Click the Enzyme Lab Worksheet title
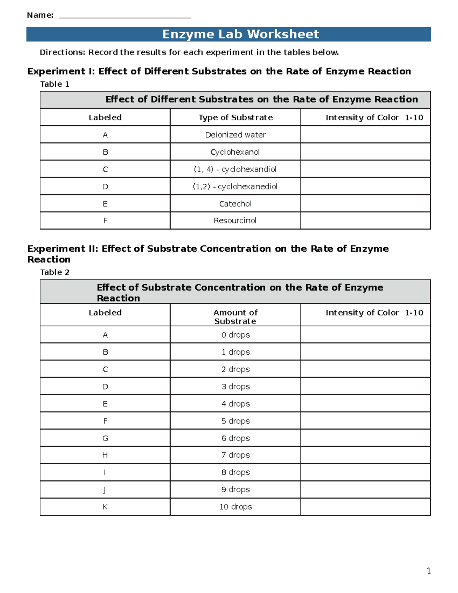240,34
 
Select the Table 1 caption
55,84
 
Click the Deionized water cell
235,135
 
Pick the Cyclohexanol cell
235,152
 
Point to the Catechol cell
235,204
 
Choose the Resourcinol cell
235,220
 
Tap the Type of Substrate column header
235,118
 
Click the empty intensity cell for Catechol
365,204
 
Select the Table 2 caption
55,272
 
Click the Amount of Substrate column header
235,317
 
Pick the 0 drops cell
235,335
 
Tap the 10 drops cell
235,507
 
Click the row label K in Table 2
105,507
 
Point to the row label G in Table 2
105,438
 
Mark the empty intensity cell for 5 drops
365,421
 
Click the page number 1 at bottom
429,571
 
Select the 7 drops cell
235,455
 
